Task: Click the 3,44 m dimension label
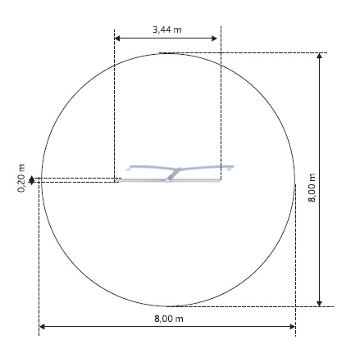pos(166,29)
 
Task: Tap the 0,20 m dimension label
pos(21,179)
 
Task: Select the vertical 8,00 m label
pos(312,188)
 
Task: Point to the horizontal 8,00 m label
pos(169,319)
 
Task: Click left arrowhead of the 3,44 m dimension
pos(117,38)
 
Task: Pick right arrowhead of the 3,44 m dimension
pos(214,38)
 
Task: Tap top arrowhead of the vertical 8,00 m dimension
pos(319,56)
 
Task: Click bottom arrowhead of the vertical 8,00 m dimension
pos(319,304)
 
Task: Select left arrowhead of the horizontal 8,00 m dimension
pos(42,327)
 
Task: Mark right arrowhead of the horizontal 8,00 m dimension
pos(293,327)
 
